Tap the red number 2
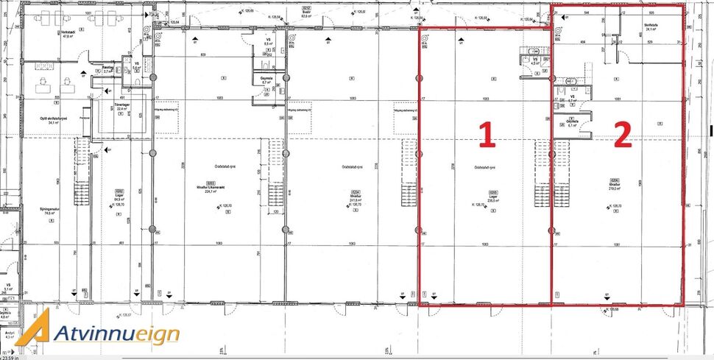pos(622,134)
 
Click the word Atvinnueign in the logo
pos(116,333)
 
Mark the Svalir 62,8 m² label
pos(305,13)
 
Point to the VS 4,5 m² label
pos(536,60)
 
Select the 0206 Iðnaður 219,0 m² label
pos(612,183)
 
